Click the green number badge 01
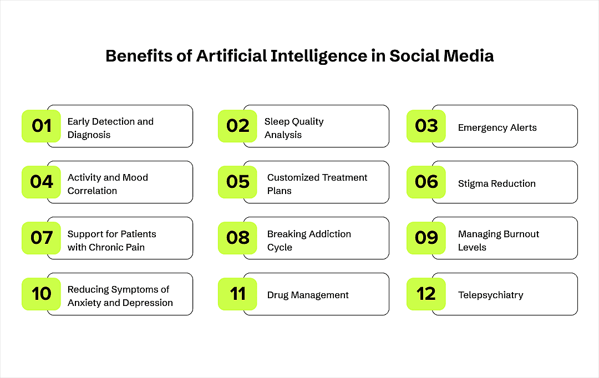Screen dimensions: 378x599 tap(41, 126)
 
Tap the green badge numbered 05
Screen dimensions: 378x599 tap(237, 182)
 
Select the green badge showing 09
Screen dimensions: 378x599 tap(426, 238)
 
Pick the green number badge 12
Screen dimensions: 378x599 tap(426, 294)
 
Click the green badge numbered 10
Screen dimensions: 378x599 tap(41, 294)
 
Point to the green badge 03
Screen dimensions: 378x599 tap(426, 126)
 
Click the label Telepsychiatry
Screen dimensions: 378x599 tap(490, 295)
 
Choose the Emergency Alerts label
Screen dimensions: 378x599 tap(497, 127)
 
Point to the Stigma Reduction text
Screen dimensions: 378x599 tap(496, 183)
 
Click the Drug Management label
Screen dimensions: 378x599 tap(308, 295)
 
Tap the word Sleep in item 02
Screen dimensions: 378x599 tap(276, 121)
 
